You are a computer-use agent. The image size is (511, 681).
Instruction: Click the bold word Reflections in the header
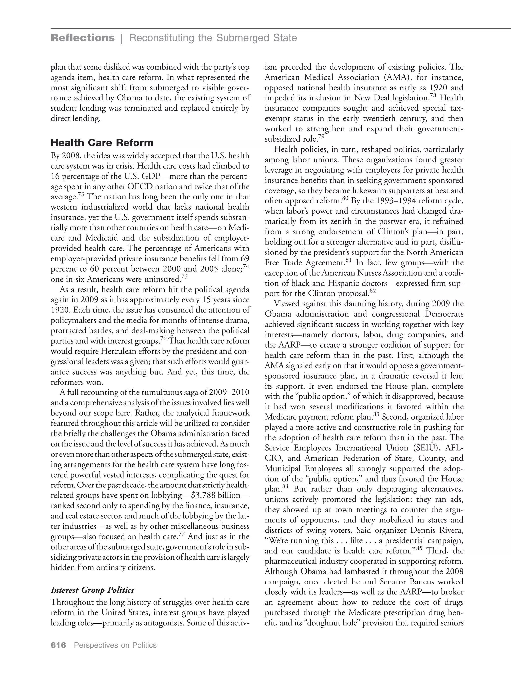point(82,38)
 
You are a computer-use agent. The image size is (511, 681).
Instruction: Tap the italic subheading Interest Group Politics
point(92,590)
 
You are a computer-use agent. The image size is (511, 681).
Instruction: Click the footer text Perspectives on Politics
point(115,645)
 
